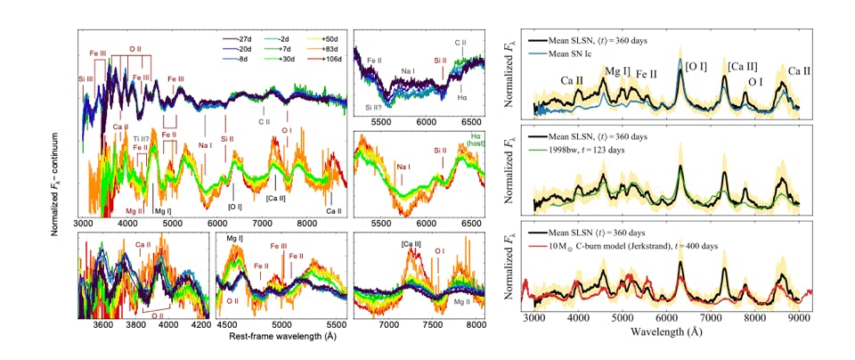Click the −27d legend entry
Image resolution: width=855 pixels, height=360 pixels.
pos(238,41)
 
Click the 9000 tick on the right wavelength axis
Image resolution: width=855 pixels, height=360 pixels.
pos(798,317)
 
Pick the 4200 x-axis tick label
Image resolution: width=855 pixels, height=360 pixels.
pos(202,326)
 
